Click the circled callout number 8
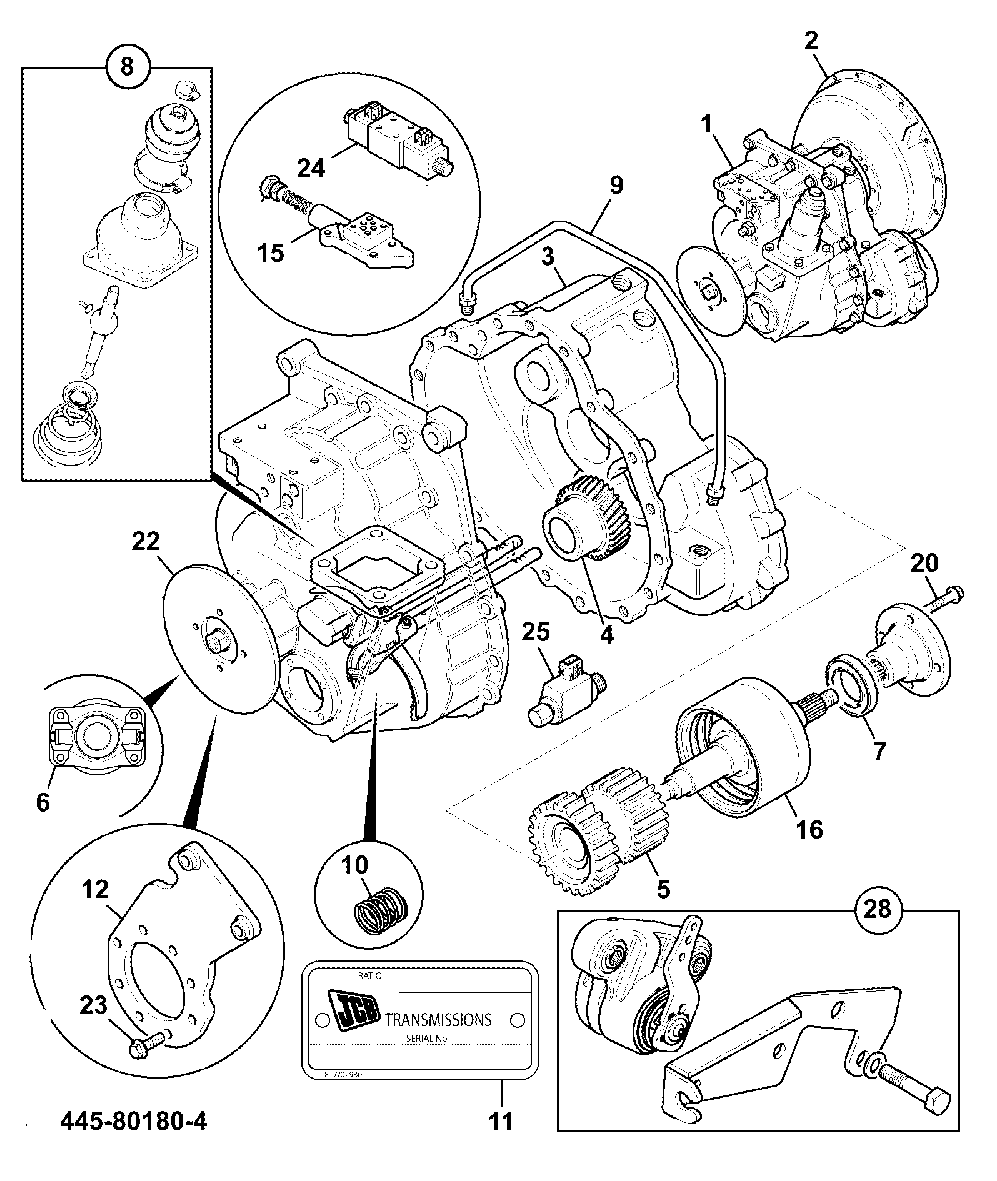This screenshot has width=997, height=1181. coord(127,66)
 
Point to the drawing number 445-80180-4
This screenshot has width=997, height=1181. coord(133,1140)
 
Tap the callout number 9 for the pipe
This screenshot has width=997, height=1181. coord(616,186)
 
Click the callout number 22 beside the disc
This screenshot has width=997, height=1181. coord(146,541)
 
